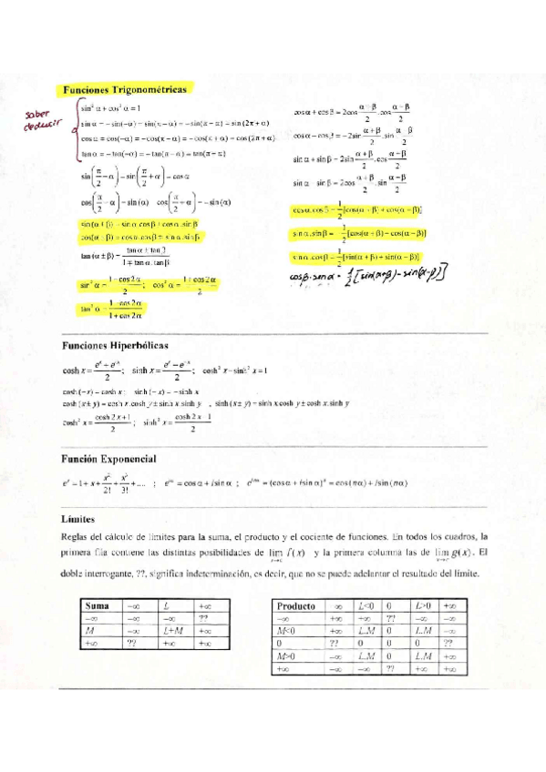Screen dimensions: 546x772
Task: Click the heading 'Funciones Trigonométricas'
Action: (x=125, y=90)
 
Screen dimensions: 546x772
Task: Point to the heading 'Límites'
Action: (x=79, y=518)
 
